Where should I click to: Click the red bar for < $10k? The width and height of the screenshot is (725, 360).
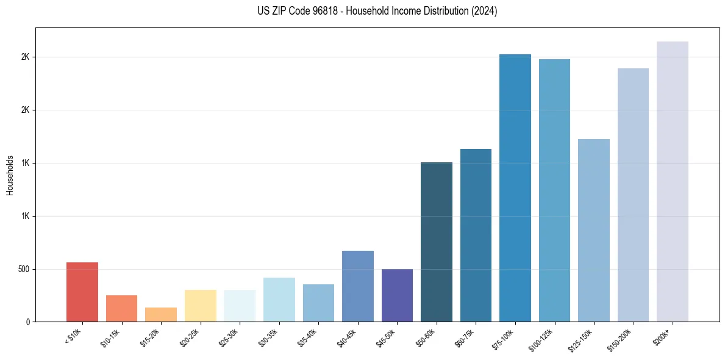(x=82, y=292)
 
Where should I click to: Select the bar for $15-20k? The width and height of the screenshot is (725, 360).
(x=161, y=314)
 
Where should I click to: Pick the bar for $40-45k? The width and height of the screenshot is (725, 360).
(x=357, y=286)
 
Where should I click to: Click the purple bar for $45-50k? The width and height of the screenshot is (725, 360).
(x=397, y=295)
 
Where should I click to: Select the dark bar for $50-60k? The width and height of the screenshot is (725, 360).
(x=437, y=242)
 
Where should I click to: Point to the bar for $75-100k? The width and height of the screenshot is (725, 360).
(x=515, y=188)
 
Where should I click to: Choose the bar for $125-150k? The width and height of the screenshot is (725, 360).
(x=594, y=230)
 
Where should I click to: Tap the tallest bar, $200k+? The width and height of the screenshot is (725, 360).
(x=673, y=181)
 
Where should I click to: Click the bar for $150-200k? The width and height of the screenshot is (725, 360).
(x=633, y=195)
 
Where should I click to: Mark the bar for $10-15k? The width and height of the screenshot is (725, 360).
(x=121, y=308)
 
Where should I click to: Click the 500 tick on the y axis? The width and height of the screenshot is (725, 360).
(x=24, y=269)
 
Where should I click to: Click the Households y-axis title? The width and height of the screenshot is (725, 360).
(x=10, y=175)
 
